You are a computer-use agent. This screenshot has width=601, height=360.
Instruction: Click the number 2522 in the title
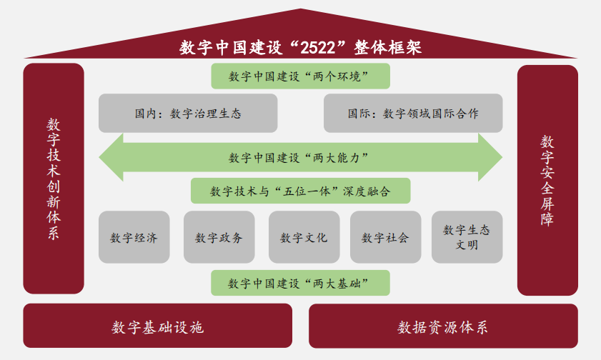(x=318, y=48)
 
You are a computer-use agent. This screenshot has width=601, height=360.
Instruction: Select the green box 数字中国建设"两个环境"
(x=300, y=76)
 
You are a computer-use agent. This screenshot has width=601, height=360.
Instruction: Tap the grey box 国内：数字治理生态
(x=188, y=114)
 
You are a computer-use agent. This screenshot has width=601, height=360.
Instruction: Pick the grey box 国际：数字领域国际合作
(x=413, y=114)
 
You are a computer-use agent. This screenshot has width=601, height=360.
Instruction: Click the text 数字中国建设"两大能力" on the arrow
(x=298, y=157)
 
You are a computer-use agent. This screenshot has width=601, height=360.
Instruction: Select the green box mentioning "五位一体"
(x=300, y=191)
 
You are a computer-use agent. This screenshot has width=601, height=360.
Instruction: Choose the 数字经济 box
(x=134, y=237)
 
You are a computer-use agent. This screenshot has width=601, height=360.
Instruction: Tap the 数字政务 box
(x=219, y=237)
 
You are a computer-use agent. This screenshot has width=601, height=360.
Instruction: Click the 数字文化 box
(x=304, y=237)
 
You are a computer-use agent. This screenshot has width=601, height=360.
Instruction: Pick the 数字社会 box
(x=386, y=237)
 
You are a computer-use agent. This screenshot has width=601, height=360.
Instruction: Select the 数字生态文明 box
(x=467, y=237)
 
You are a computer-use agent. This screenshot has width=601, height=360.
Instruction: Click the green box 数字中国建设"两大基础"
(x=300, y=283)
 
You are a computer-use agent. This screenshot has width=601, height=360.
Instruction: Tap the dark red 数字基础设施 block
(x=157, y=326)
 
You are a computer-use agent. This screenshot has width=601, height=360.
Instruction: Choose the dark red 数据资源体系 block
(x=444, y=326)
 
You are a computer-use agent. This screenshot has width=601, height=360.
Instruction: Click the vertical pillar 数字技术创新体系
(x=54, y=179)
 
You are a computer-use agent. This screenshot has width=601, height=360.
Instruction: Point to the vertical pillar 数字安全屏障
(x=547, y=180)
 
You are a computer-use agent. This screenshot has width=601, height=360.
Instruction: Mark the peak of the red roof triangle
(x=300, y=9)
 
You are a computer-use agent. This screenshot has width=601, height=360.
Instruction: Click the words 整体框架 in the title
(x=388, y=48)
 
